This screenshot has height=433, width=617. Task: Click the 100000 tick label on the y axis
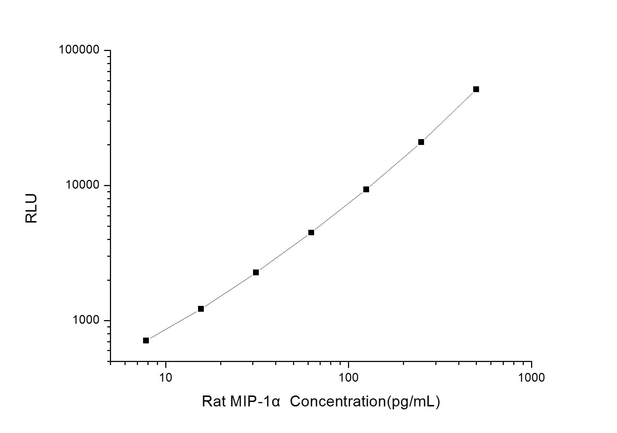point(79,50)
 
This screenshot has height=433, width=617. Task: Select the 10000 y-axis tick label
point(83,185)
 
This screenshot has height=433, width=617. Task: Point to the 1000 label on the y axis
point(86,320)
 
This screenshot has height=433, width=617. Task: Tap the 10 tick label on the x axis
point(166,377)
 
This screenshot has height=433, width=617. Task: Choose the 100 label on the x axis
point(348,377)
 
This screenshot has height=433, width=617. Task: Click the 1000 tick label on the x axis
point(531,377)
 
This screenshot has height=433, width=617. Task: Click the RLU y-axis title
point(31,208)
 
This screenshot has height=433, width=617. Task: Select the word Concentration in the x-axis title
point(337,402)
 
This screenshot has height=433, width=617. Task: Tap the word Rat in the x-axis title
point(214,402)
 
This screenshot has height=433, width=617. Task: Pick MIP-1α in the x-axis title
point(255,402)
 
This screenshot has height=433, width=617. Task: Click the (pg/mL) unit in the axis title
point(413,402)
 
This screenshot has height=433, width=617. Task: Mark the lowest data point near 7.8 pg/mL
point(146,341)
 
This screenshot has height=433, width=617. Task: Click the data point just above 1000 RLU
point(201,309)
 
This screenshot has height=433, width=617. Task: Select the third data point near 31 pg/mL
point(256,272)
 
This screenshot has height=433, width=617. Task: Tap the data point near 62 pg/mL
point(311,232)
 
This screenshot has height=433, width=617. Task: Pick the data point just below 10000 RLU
point(366,189)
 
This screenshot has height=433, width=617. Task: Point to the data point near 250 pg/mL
point(421,142)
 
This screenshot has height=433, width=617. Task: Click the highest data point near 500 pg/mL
point(476,89)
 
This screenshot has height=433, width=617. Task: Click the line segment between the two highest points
point(449,116)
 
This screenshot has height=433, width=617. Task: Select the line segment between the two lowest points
point(174,325)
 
